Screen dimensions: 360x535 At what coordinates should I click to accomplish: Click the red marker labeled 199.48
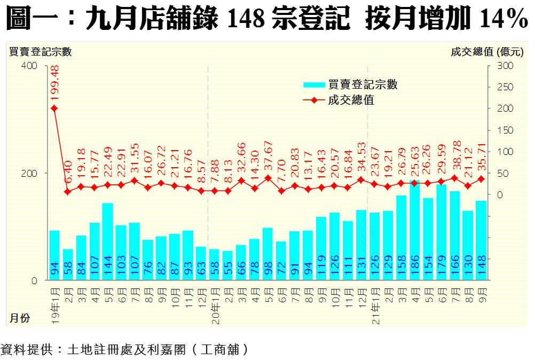54,108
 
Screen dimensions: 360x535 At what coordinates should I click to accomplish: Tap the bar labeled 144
107,242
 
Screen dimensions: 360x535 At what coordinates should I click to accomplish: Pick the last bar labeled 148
481,241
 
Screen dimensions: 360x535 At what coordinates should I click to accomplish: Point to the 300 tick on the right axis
505,66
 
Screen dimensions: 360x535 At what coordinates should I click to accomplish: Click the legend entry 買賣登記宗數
363,84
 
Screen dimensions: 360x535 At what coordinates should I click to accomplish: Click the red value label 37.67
268,157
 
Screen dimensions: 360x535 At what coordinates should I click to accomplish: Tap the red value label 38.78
455,157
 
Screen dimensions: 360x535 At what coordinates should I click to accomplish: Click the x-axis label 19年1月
54,301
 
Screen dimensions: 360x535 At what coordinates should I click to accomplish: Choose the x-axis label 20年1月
214,301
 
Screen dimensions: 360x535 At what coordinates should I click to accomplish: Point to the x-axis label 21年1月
374,301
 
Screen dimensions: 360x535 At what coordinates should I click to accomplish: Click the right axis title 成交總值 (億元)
487,52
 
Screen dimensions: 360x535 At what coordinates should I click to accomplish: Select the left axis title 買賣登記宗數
40,52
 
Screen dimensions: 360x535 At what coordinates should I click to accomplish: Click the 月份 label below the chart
19,319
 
